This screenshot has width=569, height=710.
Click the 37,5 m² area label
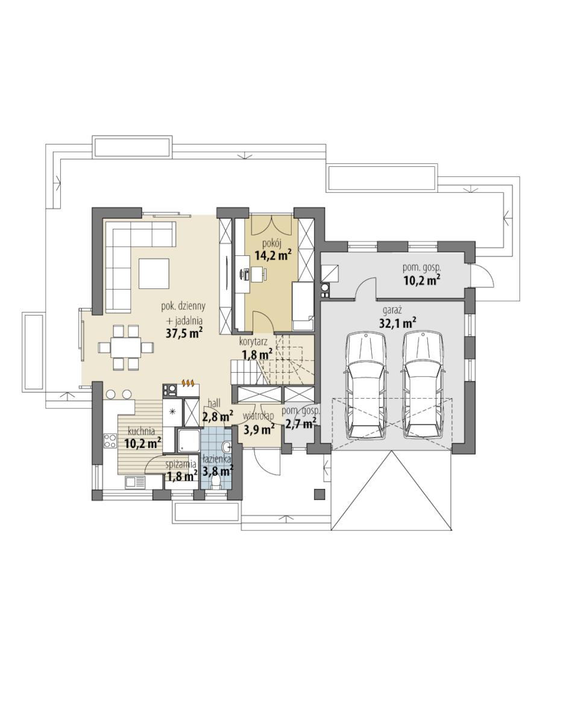point(184,333)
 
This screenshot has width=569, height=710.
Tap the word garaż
point(392,311)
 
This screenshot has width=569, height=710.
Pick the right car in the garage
point(423,385)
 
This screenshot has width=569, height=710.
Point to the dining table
point(125,347)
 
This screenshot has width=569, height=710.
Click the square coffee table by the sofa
point(154,273)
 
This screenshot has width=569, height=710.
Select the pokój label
point(272,244)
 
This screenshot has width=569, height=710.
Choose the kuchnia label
point(141,432)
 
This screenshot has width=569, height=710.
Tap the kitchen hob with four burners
point(110,441)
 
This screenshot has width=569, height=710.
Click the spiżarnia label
point(180,464)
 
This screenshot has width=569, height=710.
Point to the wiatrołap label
point(258,416)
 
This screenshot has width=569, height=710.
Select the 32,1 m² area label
point(398,322)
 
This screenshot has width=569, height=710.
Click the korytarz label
point(253,342)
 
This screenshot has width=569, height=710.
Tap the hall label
point(214,403)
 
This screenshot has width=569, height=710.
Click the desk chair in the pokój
point(244,274)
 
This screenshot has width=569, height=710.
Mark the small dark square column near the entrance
point(319,494)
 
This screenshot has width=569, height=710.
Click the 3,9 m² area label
point(259,428)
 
